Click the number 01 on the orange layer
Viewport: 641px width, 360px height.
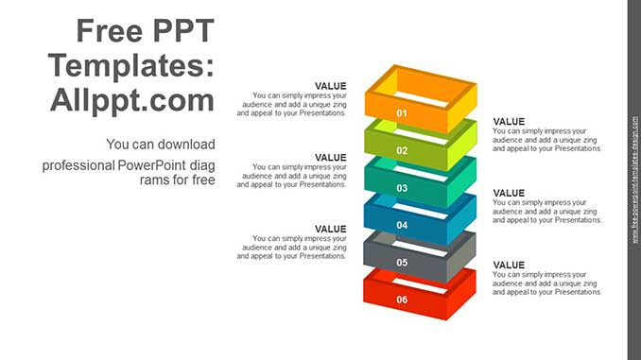[402, 113]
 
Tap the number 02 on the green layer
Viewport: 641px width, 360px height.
[402, 150]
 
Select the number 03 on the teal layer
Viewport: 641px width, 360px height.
[402, 188]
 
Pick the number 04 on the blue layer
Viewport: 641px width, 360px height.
[402, 225]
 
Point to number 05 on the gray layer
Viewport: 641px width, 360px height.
[402, 262]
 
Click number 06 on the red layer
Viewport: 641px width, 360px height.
[402, 299]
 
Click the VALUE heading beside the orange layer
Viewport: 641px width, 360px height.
[331, 86]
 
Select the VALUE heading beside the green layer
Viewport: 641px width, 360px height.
[509, 121]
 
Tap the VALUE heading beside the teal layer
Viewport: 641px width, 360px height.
[331, 157]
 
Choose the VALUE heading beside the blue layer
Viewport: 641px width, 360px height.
[509, 193]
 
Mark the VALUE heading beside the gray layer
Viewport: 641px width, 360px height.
[331, 229]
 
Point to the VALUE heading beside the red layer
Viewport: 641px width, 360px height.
[509, 265]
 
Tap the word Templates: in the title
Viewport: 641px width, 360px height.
[133, 66]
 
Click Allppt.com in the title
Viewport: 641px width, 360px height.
[133, 100]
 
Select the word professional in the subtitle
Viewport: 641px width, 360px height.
[74, 164]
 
